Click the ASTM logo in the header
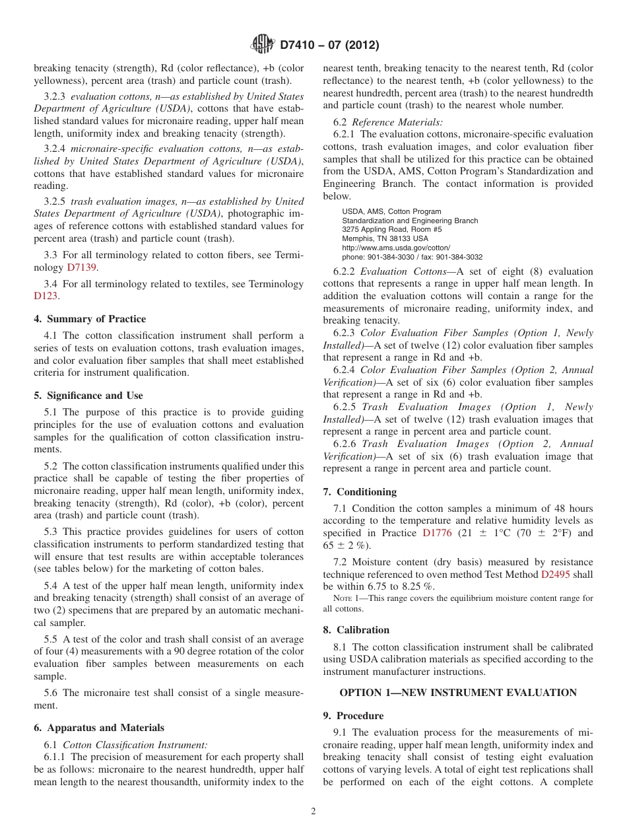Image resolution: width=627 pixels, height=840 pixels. click(263, 45)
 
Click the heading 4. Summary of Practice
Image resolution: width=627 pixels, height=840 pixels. click(89, 319)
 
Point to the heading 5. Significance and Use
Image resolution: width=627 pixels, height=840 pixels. click(88, 396)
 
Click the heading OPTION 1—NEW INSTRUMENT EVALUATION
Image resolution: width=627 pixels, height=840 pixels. click(458, 693)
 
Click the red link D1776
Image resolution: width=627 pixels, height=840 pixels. click(437, 533)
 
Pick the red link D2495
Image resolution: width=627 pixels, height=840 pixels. click(556, 575)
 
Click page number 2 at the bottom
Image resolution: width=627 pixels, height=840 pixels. click(313, 812)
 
